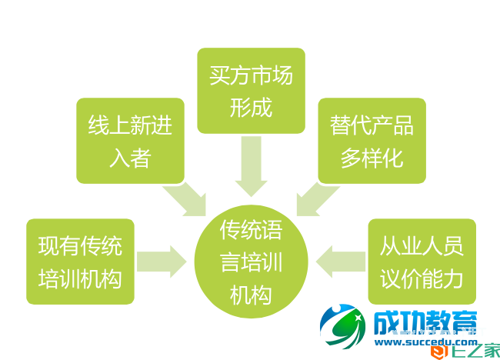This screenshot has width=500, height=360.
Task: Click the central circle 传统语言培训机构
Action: pos(251,261)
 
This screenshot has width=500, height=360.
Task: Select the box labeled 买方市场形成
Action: pos(251,90)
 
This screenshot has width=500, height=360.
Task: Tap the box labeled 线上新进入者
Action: pos(130,140)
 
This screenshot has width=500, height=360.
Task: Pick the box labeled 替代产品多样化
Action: pos(372,140)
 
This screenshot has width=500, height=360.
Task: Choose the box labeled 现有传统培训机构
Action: pos(80,261)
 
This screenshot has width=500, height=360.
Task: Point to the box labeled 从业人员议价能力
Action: pos(422,261)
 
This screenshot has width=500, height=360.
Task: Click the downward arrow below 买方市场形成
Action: pos(251,167)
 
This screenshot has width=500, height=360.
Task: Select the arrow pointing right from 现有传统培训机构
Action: pos(162,261)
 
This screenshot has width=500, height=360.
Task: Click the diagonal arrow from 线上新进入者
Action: pos(188,199)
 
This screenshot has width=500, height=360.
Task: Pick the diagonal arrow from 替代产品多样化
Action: pos(315,199)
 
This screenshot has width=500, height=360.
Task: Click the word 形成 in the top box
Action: pos(251,106)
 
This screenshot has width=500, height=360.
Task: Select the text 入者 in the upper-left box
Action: pos(130,158)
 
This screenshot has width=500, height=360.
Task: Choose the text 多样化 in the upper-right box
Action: pos(372,158)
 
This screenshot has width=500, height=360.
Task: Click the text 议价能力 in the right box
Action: pos(422,278)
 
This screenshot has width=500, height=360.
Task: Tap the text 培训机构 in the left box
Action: pos(80,278)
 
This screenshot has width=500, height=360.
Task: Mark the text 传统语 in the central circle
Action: pos(251,229)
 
